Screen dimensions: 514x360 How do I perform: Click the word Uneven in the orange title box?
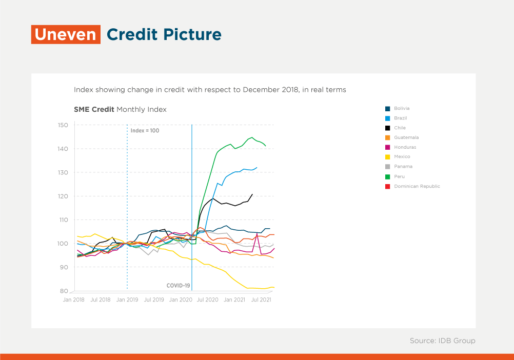(66, 34)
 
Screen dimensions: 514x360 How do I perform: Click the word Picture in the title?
(192, 34)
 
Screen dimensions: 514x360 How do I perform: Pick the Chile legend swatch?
(387, 128)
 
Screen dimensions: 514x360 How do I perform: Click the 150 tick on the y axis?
(63, 125)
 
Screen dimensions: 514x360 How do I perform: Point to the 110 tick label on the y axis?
(63, 220)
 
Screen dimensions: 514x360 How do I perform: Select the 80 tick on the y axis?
(64, 291)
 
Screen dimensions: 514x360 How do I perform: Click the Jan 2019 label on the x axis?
(127, 299)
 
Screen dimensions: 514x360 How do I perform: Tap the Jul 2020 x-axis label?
(208, 299)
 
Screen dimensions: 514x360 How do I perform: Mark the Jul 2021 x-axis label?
(261, 299)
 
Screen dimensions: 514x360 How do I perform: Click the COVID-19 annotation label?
(179, 286)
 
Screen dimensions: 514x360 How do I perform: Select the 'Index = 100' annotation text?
(145, 131)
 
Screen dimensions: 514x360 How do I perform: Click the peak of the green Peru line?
(252, 137)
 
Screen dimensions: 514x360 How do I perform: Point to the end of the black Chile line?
(252, 194)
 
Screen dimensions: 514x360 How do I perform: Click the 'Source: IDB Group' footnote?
(443, 341)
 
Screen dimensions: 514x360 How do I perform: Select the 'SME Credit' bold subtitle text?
(94, 109)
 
